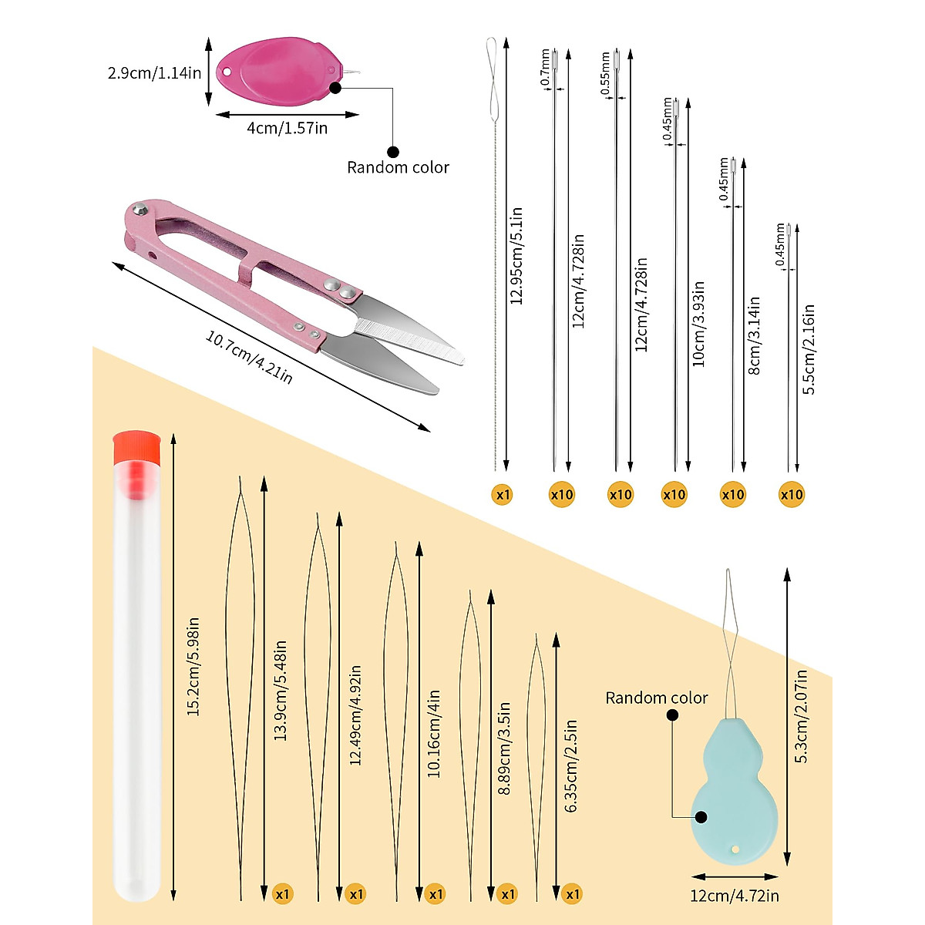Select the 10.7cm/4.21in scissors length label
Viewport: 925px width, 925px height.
249,357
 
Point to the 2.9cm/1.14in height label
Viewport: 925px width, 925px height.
154,73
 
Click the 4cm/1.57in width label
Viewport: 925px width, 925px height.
287,128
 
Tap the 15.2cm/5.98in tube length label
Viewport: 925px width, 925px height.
193,667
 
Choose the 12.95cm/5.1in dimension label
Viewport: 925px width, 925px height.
516,256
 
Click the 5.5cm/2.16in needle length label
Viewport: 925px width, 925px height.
809,349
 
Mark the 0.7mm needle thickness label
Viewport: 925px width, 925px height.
545,67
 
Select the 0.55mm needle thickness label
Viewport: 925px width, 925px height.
605,73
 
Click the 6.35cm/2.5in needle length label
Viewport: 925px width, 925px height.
570,766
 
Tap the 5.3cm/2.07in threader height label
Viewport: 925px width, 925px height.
801,717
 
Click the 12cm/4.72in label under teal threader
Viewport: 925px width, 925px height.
735,896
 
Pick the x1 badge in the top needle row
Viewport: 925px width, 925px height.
503,494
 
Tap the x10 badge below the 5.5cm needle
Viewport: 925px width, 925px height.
791,494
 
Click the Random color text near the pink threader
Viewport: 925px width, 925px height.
398,167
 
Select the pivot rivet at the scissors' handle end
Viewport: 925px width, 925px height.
140,208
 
